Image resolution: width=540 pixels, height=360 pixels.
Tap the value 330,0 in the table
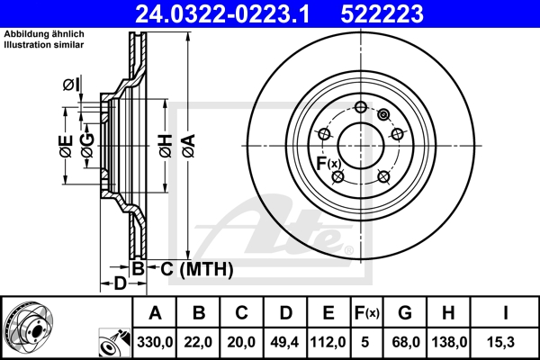[x=155, y=341]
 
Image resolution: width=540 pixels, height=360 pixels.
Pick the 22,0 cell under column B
[x=199, y=341]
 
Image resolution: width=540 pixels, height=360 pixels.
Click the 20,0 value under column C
[x=242, y=341]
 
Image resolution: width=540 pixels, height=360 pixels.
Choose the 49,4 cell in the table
[x=286, y=341]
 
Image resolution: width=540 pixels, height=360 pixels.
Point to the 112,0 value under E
[x=329, y=341]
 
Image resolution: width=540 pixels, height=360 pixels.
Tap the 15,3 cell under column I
[x=505, y=341]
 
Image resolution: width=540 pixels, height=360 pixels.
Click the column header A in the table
[x=155, y=313]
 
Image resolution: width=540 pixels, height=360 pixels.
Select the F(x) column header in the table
[x=367, y=313]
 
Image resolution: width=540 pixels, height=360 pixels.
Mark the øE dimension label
[x=66, y=146]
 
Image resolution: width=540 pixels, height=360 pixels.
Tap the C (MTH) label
[x=192, y=268]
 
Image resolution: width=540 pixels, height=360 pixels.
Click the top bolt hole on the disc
[x=361, y=108]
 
